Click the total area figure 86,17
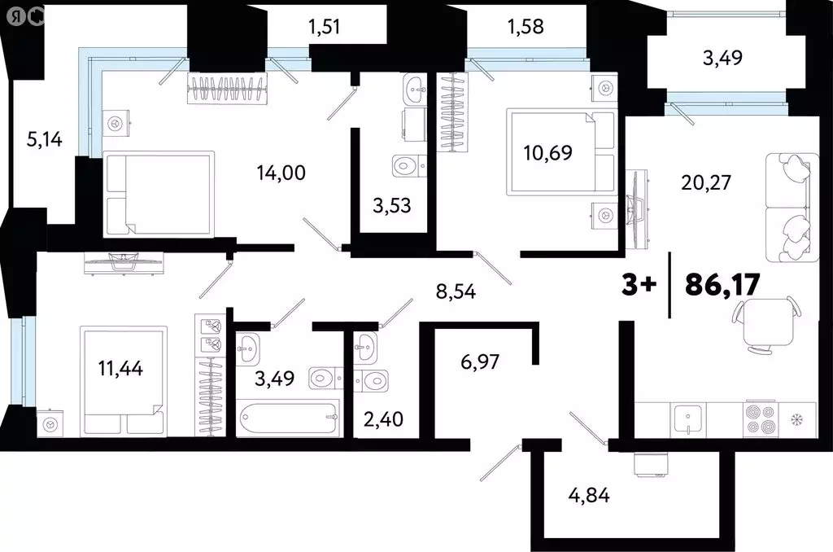722,285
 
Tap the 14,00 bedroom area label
281,173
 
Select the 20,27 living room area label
706,182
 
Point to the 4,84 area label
589,496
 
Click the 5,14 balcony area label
45,139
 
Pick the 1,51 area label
324,26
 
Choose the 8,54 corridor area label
456,291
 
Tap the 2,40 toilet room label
384,419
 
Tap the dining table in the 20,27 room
765,322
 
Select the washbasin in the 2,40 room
366,347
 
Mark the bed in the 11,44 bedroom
124,381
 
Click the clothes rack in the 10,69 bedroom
452,112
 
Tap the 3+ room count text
639,286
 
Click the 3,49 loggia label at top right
722,58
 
